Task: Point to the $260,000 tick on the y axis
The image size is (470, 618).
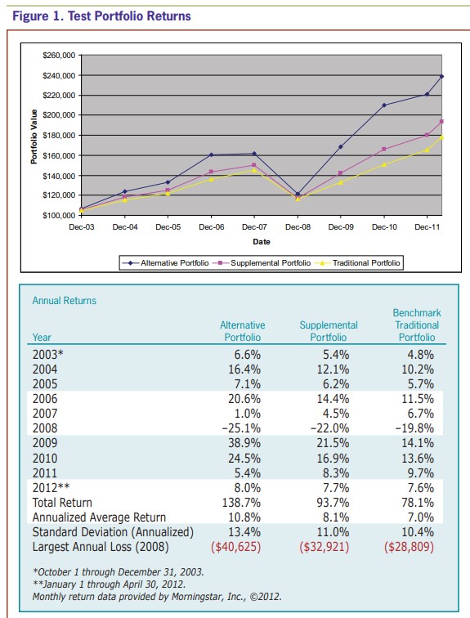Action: (58, 55)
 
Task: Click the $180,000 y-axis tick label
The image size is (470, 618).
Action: (58, 135)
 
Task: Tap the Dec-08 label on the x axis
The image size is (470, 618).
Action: (298, 226)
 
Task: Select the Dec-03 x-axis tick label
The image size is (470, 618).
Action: (82, 226)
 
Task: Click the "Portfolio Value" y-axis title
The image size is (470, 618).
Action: (34, 135)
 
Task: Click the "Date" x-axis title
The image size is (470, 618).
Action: (262, 241)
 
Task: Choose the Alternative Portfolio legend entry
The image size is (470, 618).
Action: (169, 263)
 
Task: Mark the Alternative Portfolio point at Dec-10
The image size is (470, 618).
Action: (383, 105)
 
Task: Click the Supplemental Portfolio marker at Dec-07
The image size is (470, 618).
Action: (254, 165)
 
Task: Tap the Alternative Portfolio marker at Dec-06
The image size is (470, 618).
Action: (211, 154)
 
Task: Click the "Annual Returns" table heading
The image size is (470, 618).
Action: (64, 301)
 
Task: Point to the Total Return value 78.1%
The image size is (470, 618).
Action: (419, 502)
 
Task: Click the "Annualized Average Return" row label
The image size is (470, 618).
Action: (99, 517)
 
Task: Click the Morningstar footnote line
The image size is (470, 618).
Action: (157, 597)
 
